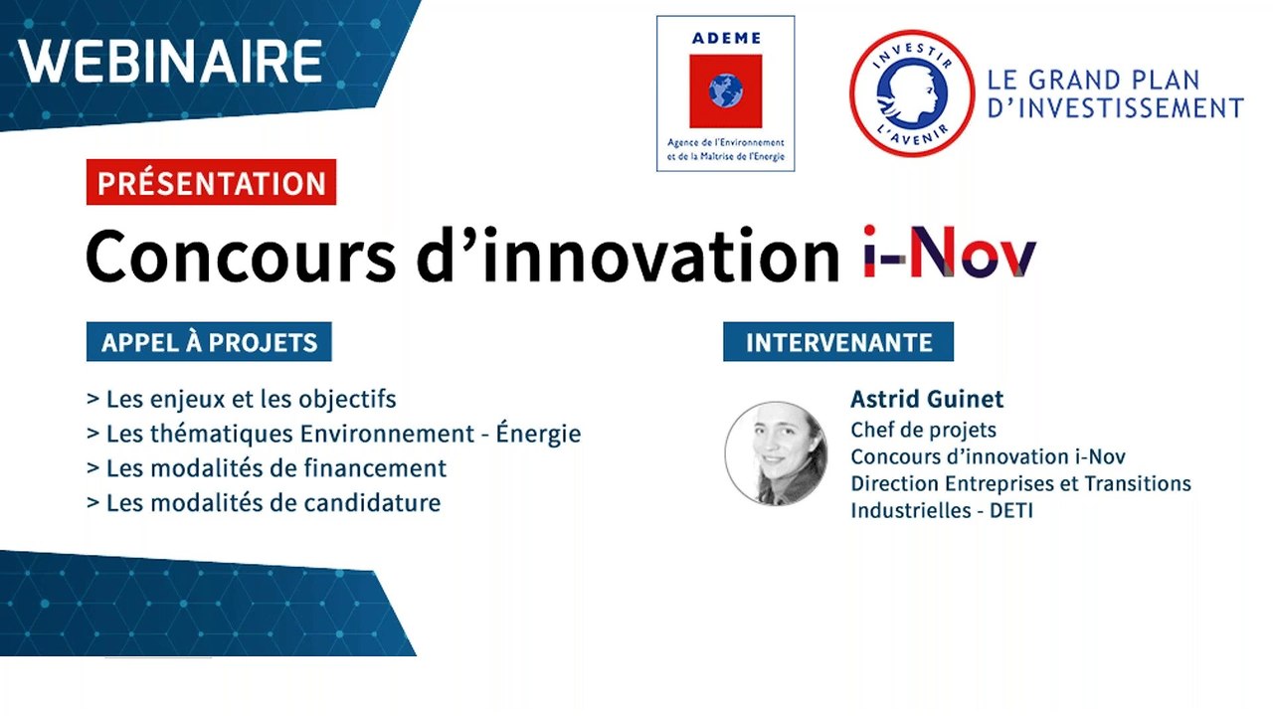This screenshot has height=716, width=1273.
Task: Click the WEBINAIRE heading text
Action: click(x=171, y=61)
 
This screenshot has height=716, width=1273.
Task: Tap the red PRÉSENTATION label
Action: click(x=211, y=183)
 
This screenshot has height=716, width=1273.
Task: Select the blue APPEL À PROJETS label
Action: click(x=209, y=343)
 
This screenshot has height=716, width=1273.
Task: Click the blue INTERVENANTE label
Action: click(x=838, y=343)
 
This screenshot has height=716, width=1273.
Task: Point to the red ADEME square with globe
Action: click(x=725, y=91)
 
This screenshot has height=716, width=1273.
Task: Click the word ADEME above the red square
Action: click(x=725, y=39)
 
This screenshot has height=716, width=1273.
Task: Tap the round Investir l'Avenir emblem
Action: click(x=911, y=92)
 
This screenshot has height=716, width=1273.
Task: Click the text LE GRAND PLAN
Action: click(x=1093, y=80)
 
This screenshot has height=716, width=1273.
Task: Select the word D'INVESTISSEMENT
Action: click(x=1115, y=107)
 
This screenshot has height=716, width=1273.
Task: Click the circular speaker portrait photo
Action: click(x=776, y=453)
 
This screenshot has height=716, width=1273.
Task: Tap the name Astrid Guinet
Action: click(x=927, y=400)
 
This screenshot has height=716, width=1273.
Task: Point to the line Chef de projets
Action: click(x=923, y=430)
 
